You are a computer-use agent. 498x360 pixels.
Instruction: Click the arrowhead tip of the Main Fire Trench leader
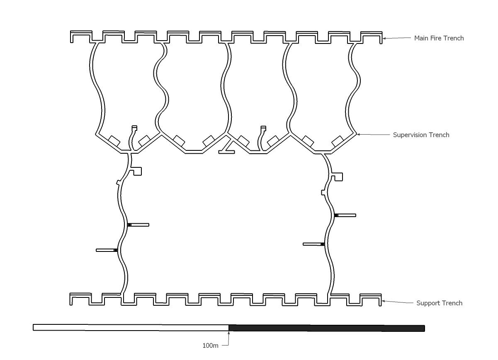point(383,39)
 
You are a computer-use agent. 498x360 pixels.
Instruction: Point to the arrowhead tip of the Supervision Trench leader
point(357,134)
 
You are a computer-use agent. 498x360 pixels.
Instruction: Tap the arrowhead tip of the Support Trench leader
point(382,301)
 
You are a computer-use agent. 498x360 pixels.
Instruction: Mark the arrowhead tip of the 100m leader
point(229,331)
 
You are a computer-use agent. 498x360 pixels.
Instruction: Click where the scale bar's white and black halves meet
point(229,328)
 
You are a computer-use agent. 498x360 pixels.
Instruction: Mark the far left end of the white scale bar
point(33,327)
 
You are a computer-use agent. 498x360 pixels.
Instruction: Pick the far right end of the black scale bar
point(425,328)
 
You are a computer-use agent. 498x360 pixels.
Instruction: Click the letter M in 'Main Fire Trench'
point(417,38)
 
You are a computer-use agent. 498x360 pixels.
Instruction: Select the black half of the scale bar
point(327,328)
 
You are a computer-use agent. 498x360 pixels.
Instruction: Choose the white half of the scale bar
point(131,328)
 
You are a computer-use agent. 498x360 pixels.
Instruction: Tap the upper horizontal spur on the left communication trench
point(138,225)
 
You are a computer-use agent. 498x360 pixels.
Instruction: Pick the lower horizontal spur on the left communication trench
point(107,250)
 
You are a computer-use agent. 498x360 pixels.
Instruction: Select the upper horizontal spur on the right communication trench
point(345,215)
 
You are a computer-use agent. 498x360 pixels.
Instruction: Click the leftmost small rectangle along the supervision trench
point(114,141)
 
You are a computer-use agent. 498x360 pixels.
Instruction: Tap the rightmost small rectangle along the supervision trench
point(338,141)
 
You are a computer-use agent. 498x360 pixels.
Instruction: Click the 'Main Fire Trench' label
point(439,38)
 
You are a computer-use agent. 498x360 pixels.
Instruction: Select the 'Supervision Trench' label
point(421,135)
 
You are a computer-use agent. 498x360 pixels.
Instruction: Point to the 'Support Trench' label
point(439,303)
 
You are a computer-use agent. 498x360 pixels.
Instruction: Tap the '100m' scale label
point(210,346)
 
